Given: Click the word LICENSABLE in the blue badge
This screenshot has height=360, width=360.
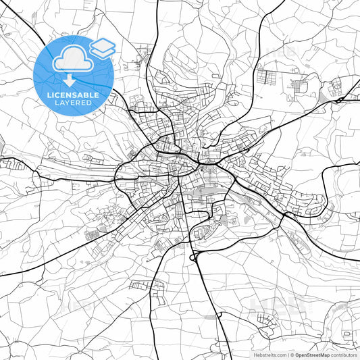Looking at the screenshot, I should coord(74,95).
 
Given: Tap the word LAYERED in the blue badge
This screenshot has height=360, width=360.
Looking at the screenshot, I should coord(74,103).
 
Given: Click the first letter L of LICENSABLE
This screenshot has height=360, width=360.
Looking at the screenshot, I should coord(49,95).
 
